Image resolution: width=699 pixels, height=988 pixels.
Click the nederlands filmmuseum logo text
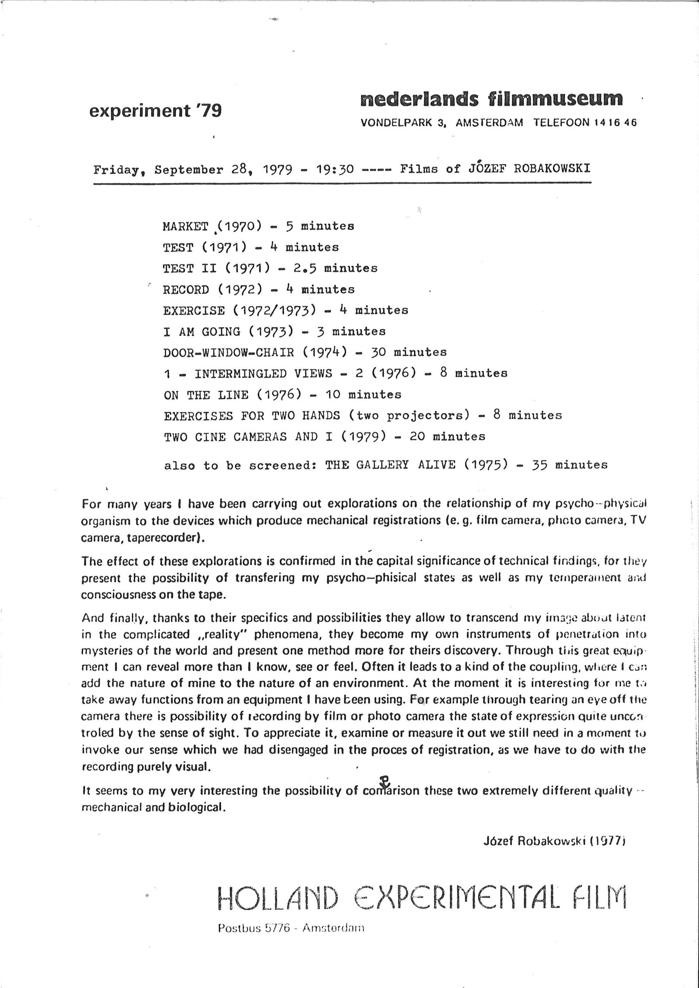coord(491,99)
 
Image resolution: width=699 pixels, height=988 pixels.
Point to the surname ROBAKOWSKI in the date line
coord(552,169)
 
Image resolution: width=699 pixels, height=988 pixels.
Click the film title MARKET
coord(185,226)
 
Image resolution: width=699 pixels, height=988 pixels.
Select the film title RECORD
coord(186,289)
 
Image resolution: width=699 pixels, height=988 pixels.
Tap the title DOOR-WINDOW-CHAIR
coord(228,352)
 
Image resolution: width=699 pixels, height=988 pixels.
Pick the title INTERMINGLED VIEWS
coord(263,374)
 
